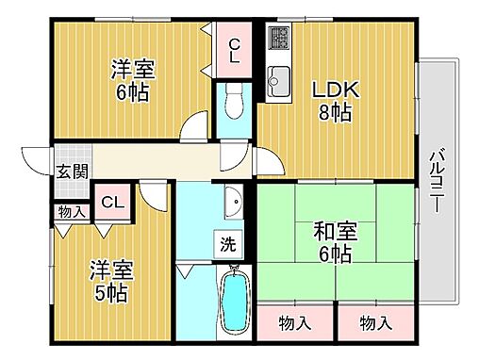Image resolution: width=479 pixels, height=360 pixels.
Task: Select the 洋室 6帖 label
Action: tap(131, 79)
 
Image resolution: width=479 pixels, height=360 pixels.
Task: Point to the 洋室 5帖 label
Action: tap(111, 280)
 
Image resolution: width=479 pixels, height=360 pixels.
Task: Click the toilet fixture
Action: tap(233, 100)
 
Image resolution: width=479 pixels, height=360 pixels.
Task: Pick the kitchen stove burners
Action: tap(280, 40)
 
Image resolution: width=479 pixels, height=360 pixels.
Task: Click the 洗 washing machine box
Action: tap(229, 243)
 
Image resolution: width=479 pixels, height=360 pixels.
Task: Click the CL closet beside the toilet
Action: tap(233, 49)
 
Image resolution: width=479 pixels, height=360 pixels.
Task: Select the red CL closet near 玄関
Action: tap(111, 202)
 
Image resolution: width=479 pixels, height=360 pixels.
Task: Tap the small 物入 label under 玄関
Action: tap(70, 211)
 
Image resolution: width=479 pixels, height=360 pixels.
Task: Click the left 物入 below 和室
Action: tap(294, 323)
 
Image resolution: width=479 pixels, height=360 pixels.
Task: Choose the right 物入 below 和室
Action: tap(375, 323)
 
